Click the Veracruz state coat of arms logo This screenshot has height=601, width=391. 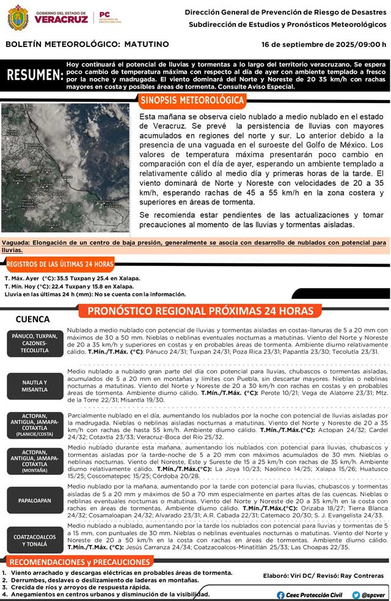click(x=18, y=17)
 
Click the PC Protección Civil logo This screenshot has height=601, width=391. click(x=105, y=17)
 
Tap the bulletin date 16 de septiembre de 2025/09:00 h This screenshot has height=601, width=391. click(x=323, y=45)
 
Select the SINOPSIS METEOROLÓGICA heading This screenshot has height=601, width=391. click(x=192, y=99)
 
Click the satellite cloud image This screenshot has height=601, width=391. click(x=65, y=167)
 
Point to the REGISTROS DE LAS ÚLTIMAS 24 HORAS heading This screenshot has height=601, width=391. click(x=60, y=264)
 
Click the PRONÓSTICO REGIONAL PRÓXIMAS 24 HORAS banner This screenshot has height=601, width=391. click(x=200, y=311)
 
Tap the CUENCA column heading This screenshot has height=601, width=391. click(x=33, y=319)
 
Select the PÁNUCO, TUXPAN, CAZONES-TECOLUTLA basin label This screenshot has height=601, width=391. click(x=34, y=344)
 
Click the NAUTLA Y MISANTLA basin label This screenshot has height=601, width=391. click(x=34, y=386)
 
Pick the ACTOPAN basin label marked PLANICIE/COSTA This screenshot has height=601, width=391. click(x=34, y=425)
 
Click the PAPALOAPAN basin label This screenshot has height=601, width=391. click(x=34, y=500)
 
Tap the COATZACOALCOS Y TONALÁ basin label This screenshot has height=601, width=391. click(x=34, y=541)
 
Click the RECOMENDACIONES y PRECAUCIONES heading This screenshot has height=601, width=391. click(x=80, y=561)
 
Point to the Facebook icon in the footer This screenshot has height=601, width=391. click(x=280, y=595)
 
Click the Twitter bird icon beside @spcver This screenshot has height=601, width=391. click(x=356, y=595)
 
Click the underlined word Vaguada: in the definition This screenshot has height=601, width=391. click(x=16, y=243)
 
